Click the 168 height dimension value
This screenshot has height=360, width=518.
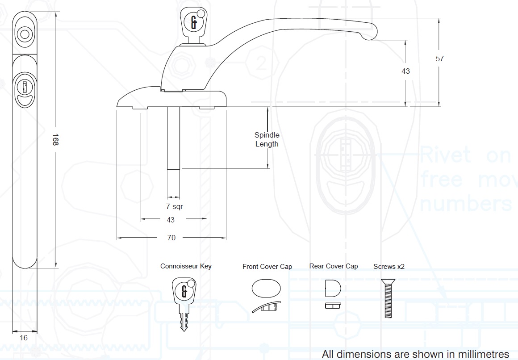tap(55, 140)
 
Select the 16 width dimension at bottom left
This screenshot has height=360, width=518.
tap(24, 338)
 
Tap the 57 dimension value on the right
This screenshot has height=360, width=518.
tap(439, 59)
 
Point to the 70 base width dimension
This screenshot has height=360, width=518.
tap(171, 238)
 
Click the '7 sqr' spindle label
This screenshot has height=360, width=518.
tap(174, 207)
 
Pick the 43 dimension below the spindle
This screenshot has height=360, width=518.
tap(171, 220)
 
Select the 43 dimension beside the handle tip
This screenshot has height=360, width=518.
tap(405, 71)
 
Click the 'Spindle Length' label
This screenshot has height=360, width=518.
tap(267, 139)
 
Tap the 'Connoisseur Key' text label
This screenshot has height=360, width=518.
tap(186, 266)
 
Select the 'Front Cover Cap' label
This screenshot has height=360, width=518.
tap(267, 267)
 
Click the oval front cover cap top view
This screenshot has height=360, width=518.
tap(267, 288)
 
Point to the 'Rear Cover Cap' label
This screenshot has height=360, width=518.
tap(334, 266)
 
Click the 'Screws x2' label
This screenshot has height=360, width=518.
tap(389, 267)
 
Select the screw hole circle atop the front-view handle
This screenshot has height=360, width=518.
tap(24, 34)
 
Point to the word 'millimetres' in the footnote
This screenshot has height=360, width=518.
tap(485, 354)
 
